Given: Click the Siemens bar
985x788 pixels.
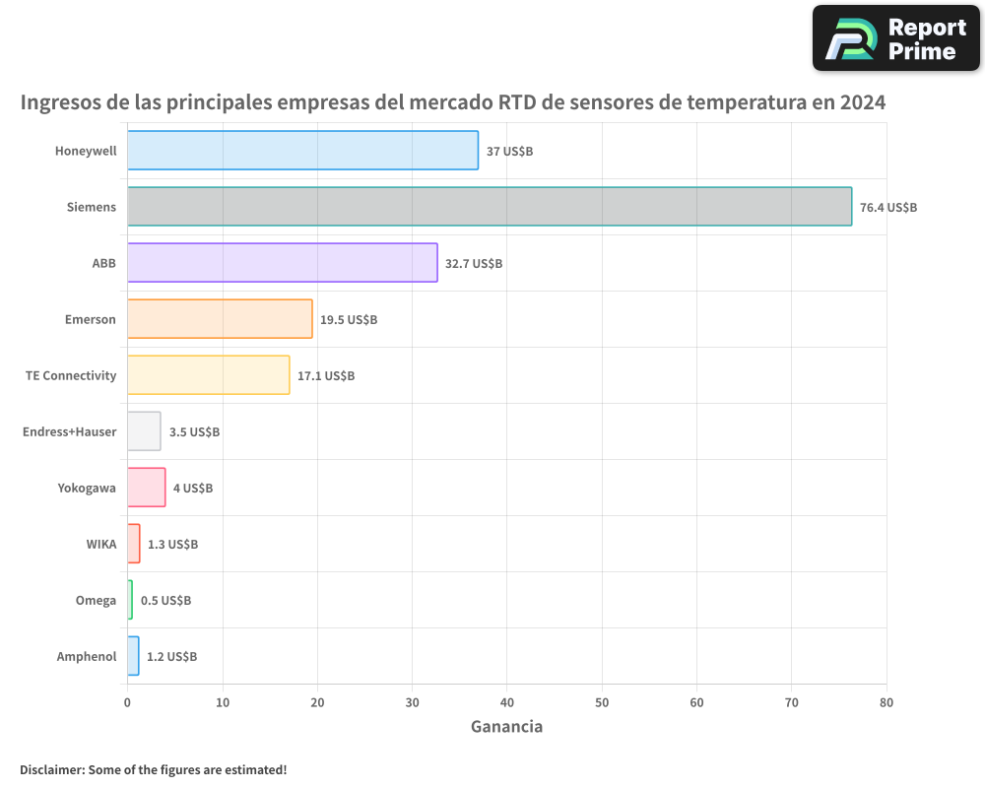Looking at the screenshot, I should pyautogui.click(x=490, y=207).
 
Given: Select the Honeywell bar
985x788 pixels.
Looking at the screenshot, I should pyautogui.click(x=302, y=151).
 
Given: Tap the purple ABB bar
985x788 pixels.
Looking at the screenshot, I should pyautogui.click(x=283, y=263).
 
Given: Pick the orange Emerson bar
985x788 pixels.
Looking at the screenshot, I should pyautogui.click(x=220, y=319).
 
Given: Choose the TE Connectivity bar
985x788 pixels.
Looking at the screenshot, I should pyautogui.click(x=208, y=375).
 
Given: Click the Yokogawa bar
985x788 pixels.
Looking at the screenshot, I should pyautogui.click(x=147, y=488).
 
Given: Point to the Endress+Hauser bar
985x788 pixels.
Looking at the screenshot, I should pyautogui.click(x=144, y=431).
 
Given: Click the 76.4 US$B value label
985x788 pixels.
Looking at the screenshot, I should pyautogui.click(x=887, y=208).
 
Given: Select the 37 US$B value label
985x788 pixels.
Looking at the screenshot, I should pyautogui.click(x=509, y=152).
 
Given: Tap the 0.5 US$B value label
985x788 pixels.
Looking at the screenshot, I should pyautogui.click(x=165, y=601).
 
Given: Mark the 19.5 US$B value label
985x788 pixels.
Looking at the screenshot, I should pyautogui.click(x=349, y=320).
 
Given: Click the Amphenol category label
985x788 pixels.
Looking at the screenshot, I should pyautogui.click(x=87, y=657).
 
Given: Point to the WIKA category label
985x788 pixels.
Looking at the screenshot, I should pyautogui.click(x=101, y=545).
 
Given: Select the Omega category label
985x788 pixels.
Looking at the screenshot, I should pyautogui.click(x=96, y=601).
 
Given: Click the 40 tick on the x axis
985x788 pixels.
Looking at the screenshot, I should pyautogui.click(x=507, y=703).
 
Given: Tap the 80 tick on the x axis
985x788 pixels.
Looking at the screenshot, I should pyautogui.click(x=886, y=703).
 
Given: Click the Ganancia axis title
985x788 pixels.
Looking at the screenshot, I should pyautogui.click(x=506, y=727).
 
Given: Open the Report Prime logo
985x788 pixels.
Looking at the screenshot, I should pyautogui.click(x=896, y=38).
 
